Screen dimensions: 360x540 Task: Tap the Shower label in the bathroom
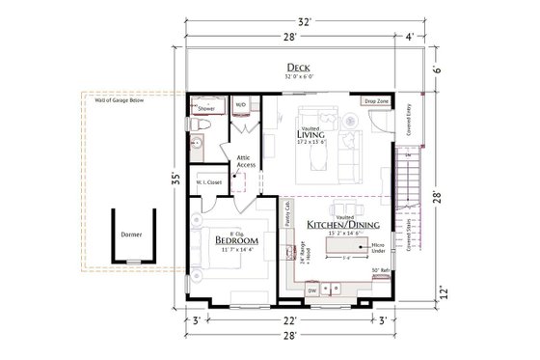coord(206,109)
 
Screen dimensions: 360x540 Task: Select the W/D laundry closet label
coord(241,103)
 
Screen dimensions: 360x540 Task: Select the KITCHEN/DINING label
coord(339,223)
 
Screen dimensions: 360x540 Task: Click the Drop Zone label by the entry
coord(376,100)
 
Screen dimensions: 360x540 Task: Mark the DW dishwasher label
coord(311,289)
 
